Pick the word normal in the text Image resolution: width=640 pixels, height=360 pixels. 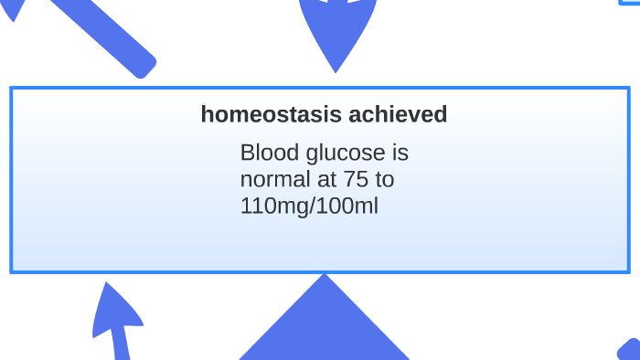pos(275,179)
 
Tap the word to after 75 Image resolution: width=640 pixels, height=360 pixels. pos(385,179)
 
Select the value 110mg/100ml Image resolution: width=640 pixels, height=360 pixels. pos(309,206)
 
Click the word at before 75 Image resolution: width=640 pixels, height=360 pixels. pos(326,179)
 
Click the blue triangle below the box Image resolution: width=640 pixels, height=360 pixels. pos(325,324)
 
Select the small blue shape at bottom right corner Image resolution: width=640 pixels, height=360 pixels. pos(630,350)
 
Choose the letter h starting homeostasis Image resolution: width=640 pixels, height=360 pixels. pos(207,115)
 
